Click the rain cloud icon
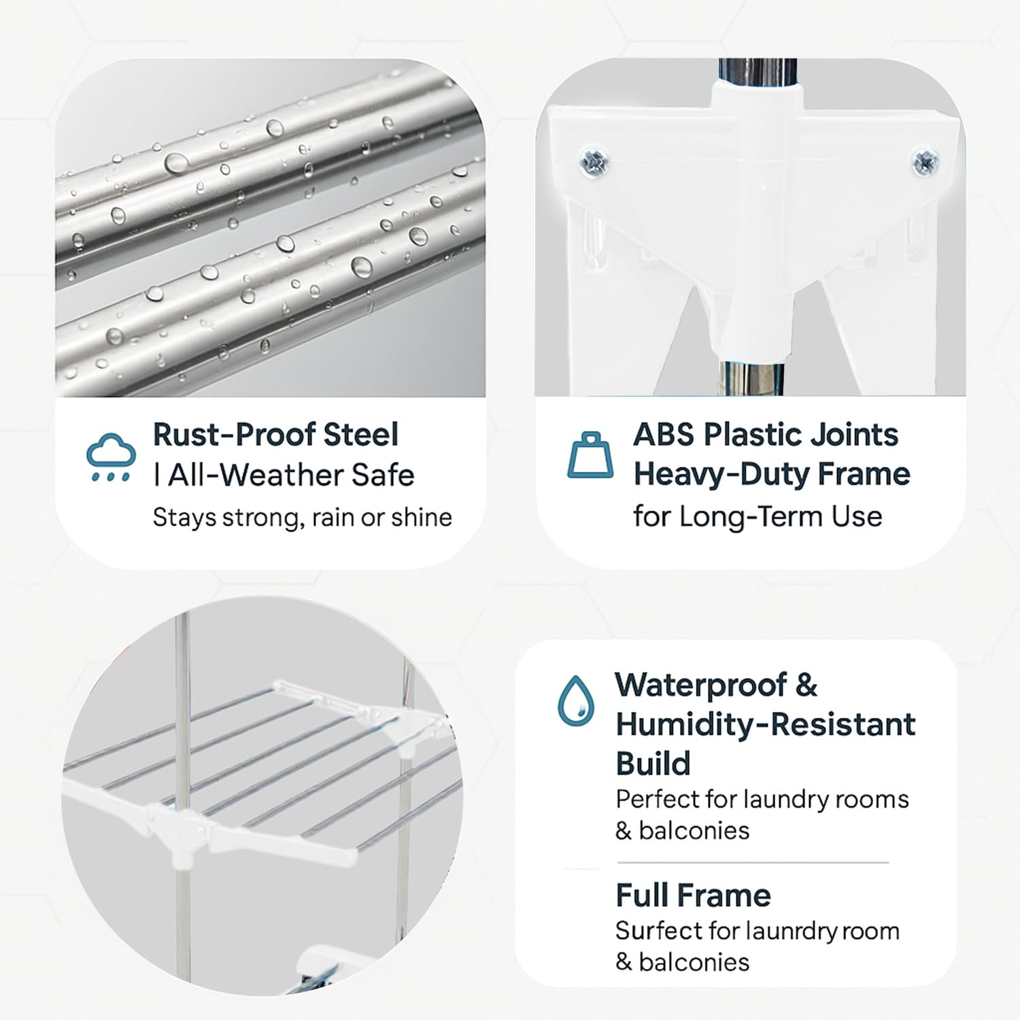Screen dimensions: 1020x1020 (x=109, y=456)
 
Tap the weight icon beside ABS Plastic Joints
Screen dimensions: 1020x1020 (x=590, y=455)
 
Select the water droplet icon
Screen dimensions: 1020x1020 (x=575, y=700)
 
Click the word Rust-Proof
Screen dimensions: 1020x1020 (x=234, y=435)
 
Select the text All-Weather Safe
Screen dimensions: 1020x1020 (x=291, y=475)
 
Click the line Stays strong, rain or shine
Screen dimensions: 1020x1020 (x=302, y=517)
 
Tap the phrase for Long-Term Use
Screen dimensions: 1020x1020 (x=758, y=516)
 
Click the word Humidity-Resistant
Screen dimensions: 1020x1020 (x=766, y=725)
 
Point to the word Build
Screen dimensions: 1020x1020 (x=653, y=764)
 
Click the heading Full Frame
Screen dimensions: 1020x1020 (x=693, y=896)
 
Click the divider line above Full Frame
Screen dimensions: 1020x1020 (x=753, y=862)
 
